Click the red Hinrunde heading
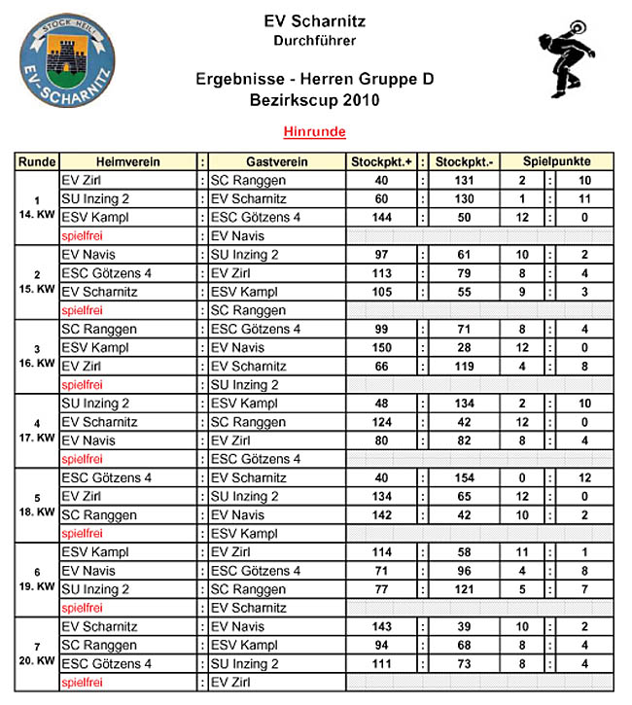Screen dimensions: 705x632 coord(314,131)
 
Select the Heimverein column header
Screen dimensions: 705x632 coord(128,161)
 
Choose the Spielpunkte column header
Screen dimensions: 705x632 coord(557,161)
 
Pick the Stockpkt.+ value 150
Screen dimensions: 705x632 coord(381,347)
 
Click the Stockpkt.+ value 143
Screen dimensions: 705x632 coord(381,626)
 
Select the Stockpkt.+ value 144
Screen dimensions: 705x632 coord(381,217)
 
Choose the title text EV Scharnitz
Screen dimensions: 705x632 coord(315,21)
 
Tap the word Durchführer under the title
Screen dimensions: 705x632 coord(315,41)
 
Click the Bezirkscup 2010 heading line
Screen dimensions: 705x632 coord(315,99)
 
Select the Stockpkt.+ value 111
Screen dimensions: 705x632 coord(381,663)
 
